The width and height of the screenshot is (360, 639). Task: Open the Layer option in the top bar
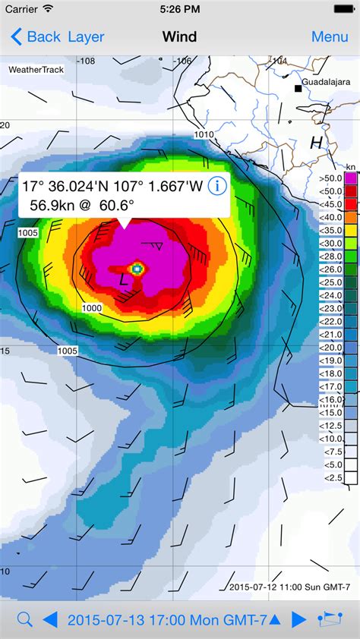[x=86, y=36]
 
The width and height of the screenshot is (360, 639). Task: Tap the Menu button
[x=330, y=36]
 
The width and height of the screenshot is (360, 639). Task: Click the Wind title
[x=179, y=36]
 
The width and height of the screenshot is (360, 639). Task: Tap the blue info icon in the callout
[x=217, y=186]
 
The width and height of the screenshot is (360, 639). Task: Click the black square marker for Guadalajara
[x=299, y=89]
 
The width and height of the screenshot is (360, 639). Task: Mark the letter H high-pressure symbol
[x=316, y=142]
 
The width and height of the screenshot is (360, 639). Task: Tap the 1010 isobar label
[x=204, y=134]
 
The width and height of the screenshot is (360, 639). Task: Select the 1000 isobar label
[x=92, y=308]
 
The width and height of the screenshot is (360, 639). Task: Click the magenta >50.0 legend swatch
[x=351, y=178]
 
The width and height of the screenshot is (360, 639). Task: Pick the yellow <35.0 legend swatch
[x=351, y=229]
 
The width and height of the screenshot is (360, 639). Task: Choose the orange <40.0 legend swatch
[x=351, y=216]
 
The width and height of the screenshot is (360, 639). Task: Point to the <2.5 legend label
[x=333, y=477]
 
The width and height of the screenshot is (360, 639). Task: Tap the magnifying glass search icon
[x=24, y=620]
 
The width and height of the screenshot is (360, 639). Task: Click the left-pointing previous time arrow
[x=50, y=620]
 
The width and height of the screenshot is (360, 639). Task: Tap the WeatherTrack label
[x=36, y=70]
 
